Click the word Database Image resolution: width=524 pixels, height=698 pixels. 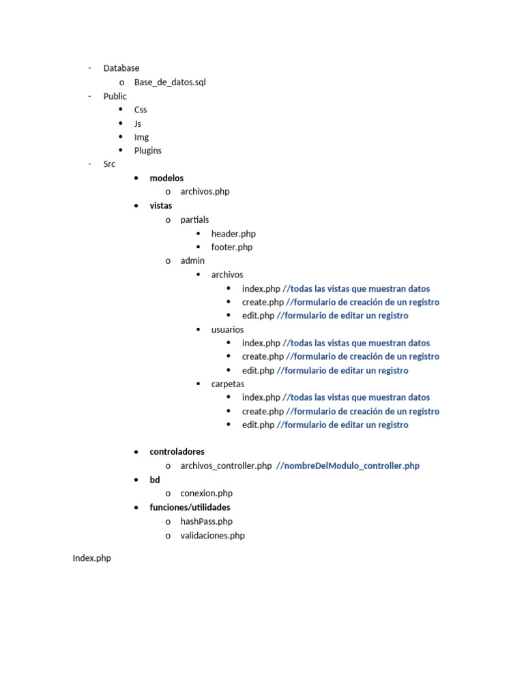tap(121, 68)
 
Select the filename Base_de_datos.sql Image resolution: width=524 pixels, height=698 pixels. tap(170, 82)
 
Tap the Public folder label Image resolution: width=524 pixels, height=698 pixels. tap(115, 96)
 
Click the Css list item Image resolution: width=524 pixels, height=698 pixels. tap(140, 110)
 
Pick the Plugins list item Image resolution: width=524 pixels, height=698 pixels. tap(147, 151)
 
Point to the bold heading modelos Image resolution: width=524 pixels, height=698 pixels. tap(166, 178)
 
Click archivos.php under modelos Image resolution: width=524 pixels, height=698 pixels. tap(205, 192)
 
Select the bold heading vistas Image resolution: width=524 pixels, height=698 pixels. tap(161, 205)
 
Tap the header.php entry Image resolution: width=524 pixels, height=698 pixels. tap(233, 234)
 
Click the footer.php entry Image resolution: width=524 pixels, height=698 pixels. tap(231, 247)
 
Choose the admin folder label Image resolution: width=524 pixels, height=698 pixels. tap(192, 260)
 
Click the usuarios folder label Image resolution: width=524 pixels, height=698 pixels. tap(227, 329)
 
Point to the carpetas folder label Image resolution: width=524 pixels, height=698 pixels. tap(227, 384)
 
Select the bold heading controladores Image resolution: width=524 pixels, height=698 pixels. tap(177, 451)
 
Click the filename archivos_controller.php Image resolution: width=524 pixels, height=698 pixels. tap(226, 466)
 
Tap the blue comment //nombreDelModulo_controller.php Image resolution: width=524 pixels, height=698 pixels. tap(348, 466)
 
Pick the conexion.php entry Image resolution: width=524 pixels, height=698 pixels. tap(206, 494)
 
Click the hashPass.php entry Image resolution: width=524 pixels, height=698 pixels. tap(206, 521)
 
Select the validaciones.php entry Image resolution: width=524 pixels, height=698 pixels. tap(212, 536)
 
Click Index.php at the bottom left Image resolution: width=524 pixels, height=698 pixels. tap(91, 558)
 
